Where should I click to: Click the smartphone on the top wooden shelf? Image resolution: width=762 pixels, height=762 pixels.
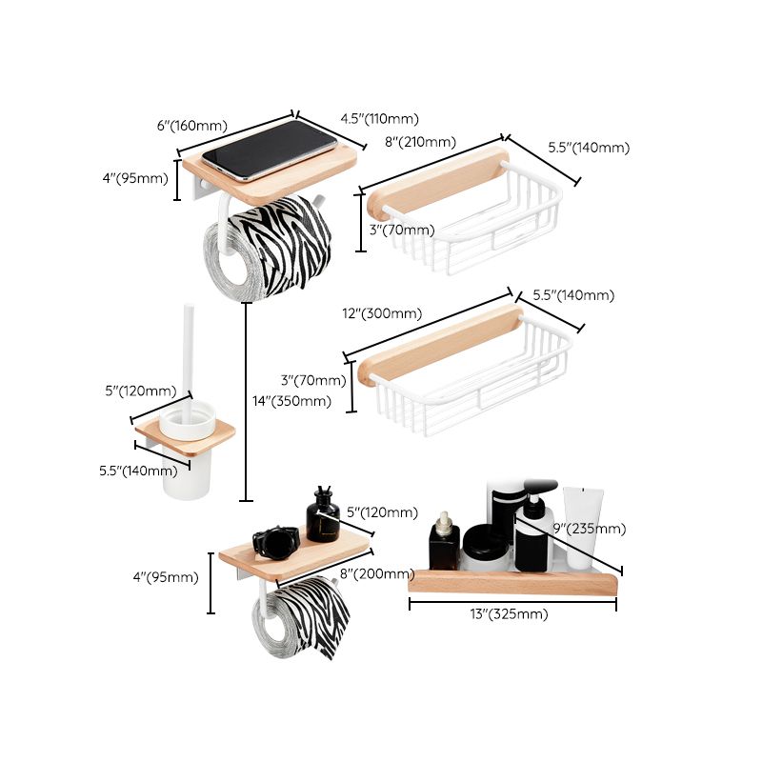tap(269, 150)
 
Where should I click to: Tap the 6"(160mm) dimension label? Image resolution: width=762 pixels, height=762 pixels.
tap(191, 126)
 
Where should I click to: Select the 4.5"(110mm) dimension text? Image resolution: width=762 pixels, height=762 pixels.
tap(379, 119)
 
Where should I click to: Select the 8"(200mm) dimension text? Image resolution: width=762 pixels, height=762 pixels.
tap(376, 573)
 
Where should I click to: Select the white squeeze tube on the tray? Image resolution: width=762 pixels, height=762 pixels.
tap(582, 525)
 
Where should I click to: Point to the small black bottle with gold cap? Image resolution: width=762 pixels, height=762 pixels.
tap(443, 543)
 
